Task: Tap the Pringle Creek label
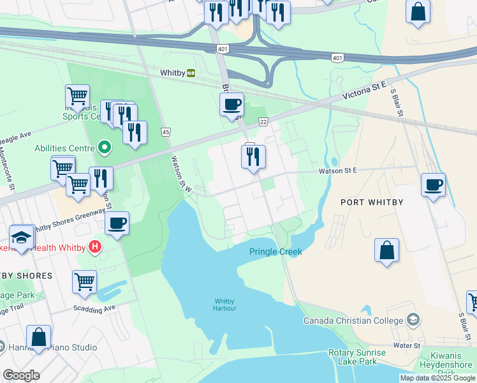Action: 275,252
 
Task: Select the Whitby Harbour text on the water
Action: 225,304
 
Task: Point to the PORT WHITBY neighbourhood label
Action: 372,202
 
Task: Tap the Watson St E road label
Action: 337,170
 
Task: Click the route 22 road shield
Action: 263,121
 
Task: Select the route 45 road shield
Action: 166,131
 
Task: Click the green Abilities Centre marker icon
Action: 104,148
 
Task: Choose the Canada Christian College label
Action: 354,320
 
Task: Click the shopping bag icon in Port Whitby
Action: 386,250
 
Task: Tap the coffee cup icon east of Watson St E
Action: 434,185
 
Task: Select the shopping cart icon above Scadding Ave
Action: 84,282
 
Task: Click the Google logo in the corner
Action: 22,375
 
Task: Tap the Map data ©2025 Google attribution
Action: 437,378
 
